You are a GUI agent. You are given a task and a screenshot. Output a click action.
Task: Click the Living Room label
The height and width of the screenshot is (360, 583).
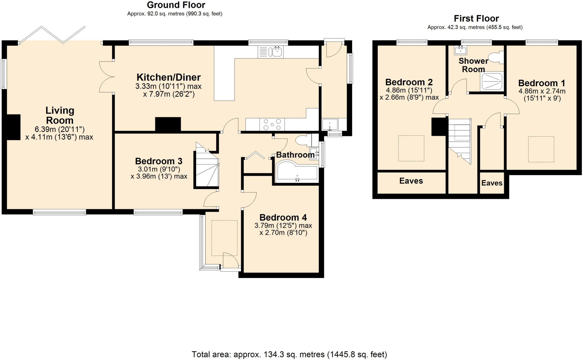click(x=60, y=115)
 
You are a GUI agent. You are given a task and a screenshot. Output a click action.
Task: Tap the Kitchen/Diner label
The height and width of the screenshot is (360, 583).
click(x=169, y=77)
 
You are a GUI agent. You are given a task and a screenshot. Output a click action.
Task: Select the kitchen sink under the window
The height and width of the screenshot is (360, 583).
click(x=270, y=52)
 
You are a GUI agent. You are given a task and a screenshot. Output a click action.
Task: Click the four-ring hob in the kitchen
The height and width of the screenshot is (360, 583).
click(x=272, y=124)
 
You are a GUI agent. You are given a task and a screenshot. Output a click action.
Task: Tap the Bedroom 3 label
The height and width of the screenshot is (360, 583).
click(x=159, y=161)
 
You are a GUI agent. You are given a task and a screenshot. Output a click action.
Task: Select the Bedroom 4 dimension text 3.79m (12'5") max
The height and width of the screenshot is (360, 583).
click(x=283, y=226)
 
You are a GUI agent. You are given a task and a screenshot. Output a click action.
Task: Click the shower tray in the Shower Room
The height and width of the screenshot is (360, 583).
click(x=492, y=81)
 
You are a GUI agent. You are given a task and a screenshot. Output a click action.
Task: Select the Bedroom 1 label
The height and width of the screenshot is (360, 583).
click(x=541, y=83)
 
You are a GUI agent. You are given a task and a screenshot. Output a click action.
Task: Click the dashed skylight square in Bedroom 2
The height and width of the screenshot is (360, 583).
click(x=411, y=148)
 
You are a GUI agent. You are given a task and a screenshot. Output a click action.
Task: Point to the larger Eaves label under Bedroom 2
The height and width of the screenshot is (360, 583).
click(x=411, y=181)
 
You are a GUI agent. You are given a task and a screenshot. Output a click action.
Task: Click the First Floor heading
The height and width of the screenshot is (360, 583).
click(x=476, y=19)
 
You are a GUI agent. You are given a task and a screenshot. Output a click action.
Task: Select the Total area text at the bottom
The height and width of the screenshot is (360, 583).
click(x=289, y=355)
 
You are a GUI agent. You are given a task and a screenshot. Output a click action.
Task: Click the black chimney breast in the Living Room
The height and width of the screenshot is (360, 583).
click(x=13, y=127)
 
